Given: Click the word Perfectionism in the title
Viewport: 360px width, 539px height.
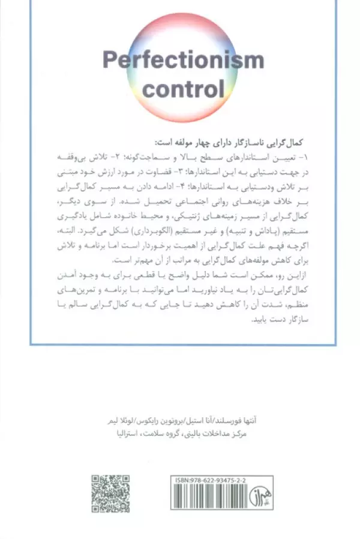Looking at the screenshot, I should click(x=183, y=61).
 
